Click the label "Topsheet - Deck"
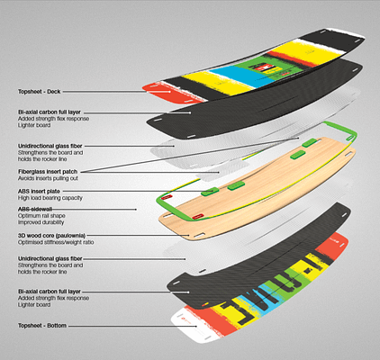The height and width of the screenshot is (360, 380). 39,92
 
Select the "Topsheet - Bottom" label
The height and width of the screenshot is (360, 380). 42,326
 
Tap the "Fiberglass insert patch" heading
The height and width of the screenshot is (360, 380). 48,172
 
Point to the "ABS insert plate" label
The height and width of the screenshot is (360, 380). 39,191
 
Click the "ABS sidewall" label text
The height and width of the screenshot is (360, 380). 35,209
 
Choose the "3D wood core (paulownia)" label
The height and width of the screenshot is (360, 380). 51,236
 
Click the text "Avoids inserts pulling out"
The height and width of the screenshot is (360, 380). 48,178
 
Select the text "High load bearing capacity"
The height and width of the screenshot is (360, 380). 50,198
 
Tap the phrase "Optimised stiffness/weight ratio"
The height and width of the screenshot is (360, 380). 56,242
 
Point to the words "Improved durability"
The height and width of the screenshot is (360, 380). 41,222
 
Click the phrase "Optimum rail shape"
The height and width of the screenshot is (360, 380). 41,216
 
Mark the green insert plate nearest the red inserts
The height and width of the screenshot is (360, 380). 210,192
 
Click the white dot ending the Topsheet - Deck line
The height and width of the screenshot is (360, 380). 170,92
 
